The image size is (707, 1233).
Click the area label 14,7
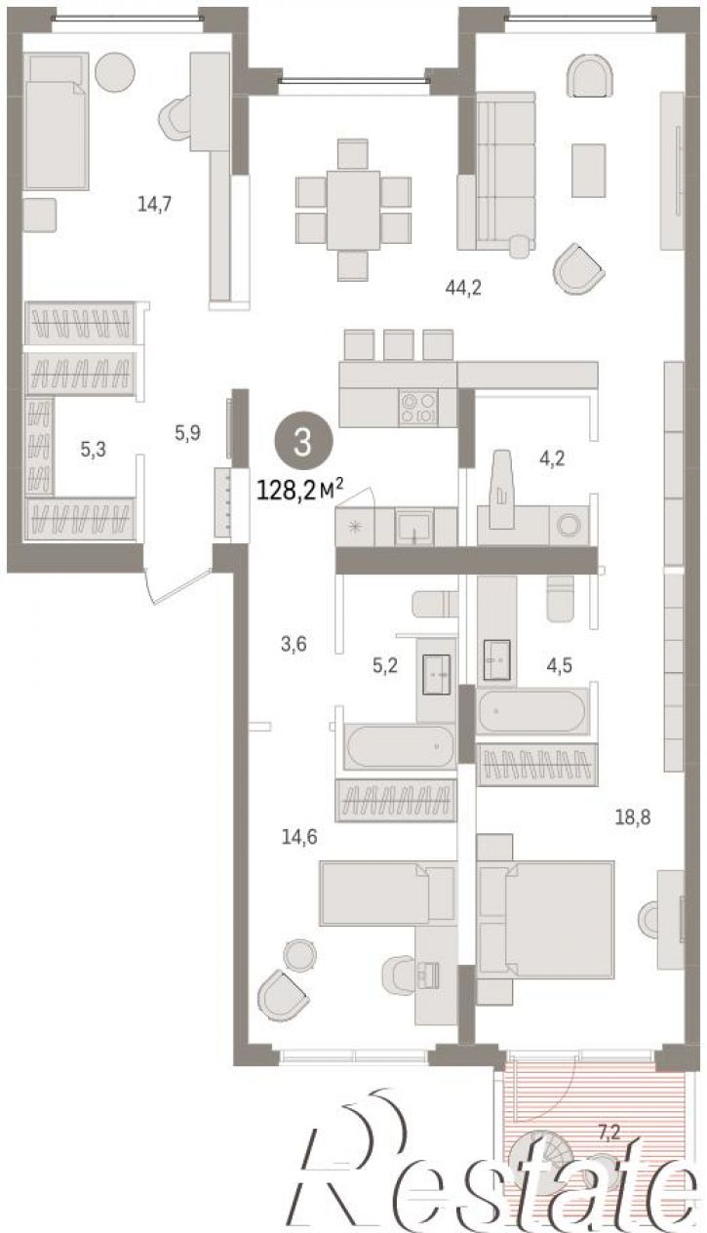(x=155, y=204)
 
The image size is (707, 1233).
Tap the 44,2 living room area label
(x=463, y=288)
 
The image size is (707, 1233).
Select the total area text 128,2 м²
(x=300, y=490)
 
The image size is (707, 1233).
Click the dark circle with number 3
(x=303, y=442)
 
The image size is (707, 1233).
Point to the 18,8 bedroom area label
(x=633, y=817)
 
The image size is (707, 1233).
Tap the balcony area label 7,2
(x=609, y=1133)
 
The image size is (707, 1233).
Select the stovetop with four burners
(x=418, y=408)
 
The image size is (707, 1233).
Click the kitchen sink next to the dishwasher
(x=414, y=526)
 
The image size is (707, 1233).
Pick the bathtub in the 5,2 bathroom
(x=400, y=747)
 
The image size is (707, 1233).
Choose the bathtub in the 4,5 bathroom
(x=531, y=710)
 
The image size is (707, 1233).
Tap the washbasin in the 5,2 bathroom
(x=436, y=674)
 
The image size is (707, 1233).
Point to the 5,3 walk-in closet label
(x=93, y=449)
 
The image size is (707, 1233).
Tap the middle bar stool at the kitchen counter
(x=399, y=344)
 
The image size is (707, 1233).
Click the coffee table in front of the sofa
(x=588, y=170)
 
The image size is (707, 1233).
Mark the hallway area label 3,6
(x=294, y=644)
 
